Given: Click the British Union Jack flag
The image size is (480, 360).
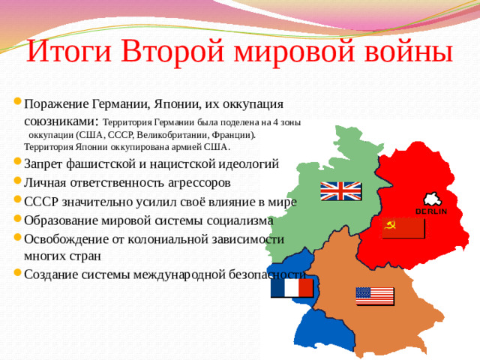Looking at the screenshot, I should coord(340,191).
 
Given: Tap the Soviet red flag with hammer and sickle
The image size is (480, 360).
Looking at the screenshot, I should coord(403,227).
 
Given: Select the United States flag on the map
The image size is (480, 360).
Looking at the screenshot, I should coord(375,295).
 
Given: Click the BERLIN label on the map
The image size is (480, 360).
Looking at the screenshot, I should coord(431,211).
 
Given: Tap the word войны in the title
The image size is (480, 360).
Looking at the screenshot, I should coord(403,52).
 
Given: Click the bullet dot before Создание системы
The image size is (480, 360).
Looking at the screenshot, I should coord(17,274).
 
